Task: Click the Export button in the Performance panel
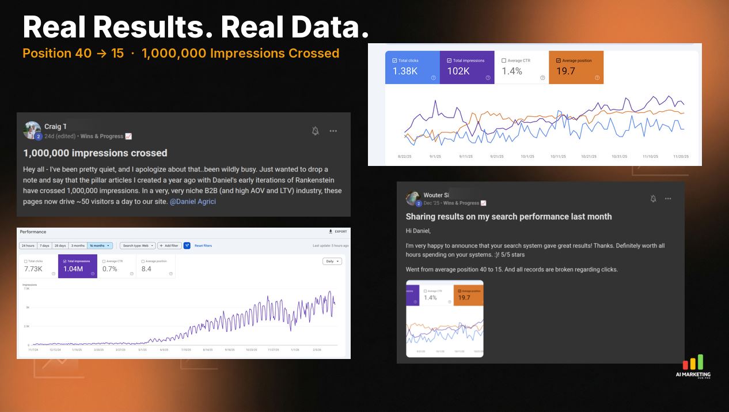pyautogui.click(x=337, y=232)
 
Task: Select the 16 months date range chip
pyautogui.click(x=100, y=245)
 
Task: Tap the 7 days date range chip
pyautogui.click(x=44, y=245)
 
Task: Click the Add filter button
pyautogui.click(x=169, y=245)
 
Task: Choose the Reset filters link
pyautogui.click(x=203, y=245)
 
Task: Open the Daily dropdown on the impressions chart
pyautogui.click(x=332, y=261)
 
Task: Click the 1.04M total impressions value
pyautogui.click(x=73, y=269)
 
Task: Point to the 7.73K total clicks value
pyautogui.click(x=33, y=269)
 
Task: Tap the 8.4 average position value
pyautogui.click(x=146, y=269)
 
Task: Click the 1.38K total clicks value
pyautogui.click(x=405, y=71)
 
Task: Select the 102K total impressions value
pyautogui.click(x=459, y=71)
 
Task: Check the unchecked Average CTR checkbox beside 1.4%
pyautogui.click(x=504, y=61)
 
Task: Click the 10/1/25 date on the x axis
pyautogui.click(x=527, y=156)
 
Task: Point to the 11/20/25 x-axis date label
pyautogui.click(x=681, y=156)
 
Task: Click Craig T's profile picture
pyautogui.click(x=32, y=130)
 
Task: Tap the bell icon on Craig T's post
pyautogui.click(x=315, y=131)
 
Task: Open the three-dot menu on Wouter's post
pyautogui.click(x=668, y=199)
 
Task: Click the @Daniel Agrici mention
pyautogui.click(x=192, y=202)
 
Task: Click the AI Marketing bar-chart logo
pyautogui.click(x=693, y=362)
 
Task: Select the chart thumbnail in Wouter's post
pyautogui.click(x=445, y=319)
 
